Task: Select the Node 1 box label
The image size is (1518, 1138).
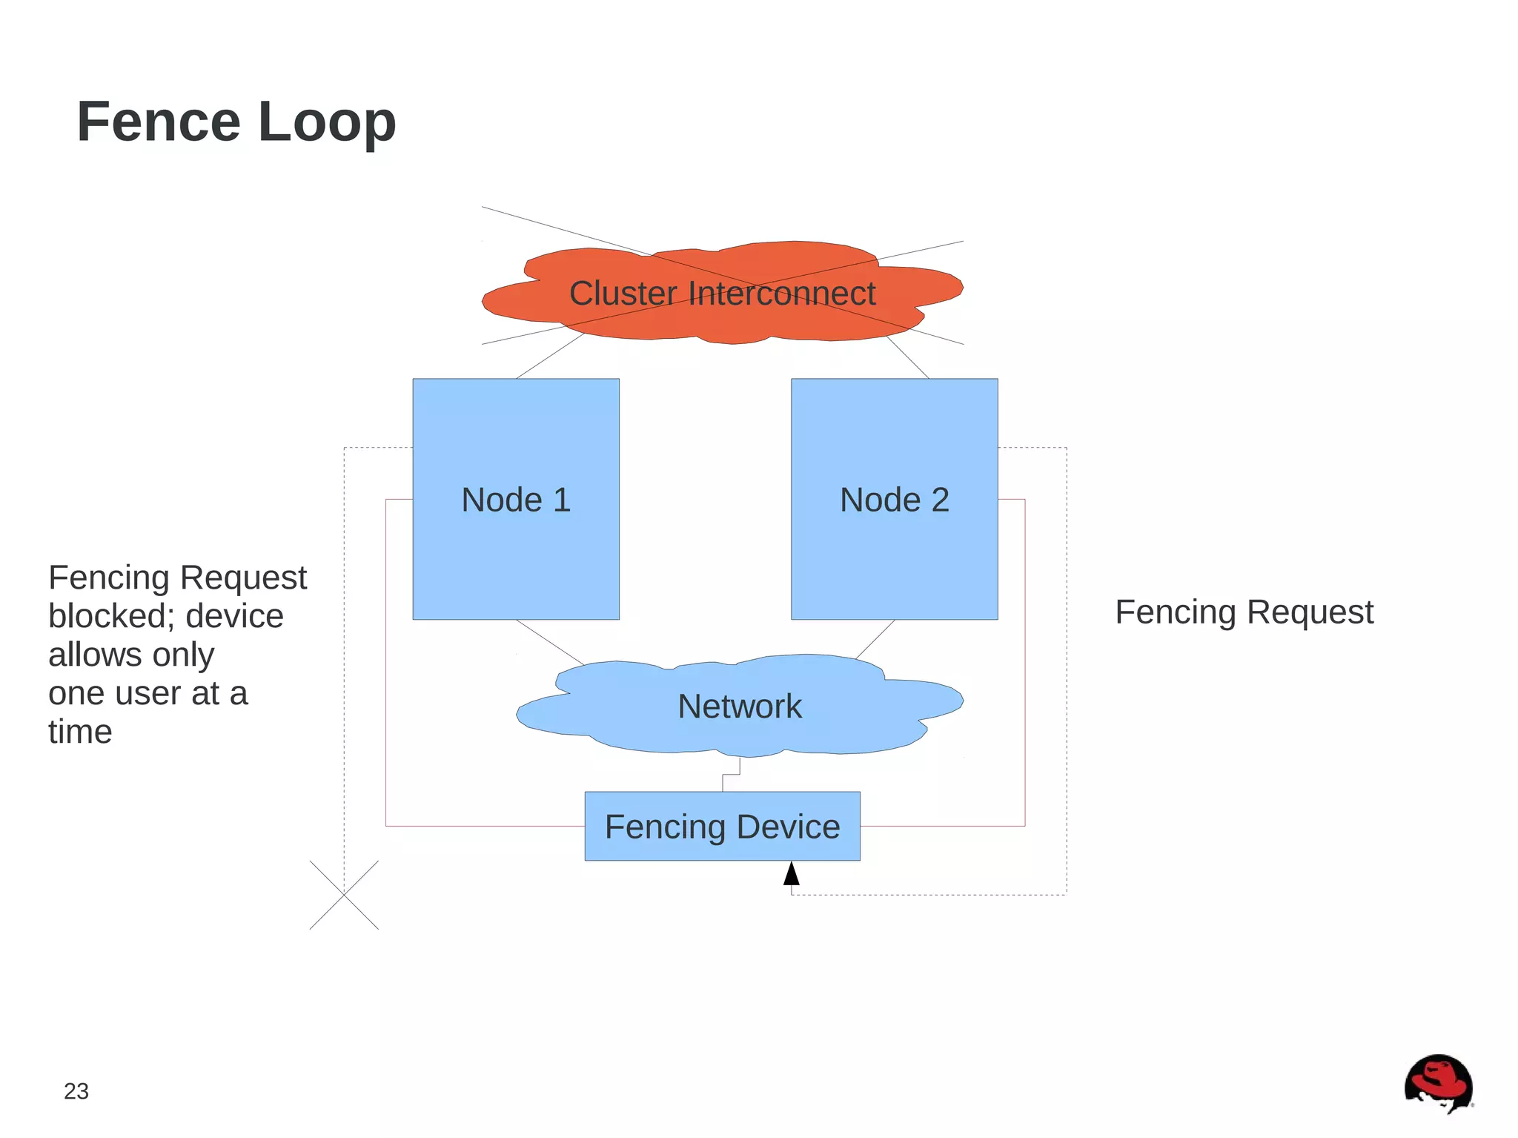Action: click(516, 500)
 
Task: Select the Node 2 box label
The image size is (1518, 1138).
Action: click(894, 500)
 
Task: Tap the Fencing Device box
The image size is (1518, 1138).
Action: click(722, 827)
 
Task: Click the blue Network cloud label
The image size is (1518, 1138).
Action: click(740, 706)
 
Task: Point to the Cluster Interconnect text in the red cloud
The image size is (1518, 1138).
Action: click(722, 293)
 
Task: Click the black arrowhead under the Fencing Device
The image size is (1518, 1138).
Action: click(792, 874)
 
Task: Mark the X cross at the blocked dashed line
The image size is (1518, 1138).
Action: click(344, 895)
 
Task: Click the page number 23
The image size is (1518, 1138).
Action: click(76, 1091)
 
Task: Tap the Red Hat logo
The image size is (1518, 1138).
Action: click(1438, 1083)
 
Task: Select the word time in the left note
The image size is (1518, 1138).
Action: click(80, 732)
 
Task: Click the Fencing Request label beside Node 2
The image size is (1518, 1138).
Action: click(1244, 612)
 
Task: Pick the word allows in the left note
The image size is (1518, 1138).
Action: click(94, 655)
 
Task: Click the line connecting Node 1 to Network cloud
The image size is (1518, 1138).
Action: click(549, 641)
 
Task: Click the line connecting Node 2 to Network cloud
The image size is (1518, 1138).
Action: click(875, 639)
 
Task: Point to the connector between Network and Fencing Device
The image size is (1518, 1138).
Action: click(731, 775)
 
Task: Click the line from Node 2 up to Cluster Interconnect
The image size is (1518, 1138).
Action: click(908, 357)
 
